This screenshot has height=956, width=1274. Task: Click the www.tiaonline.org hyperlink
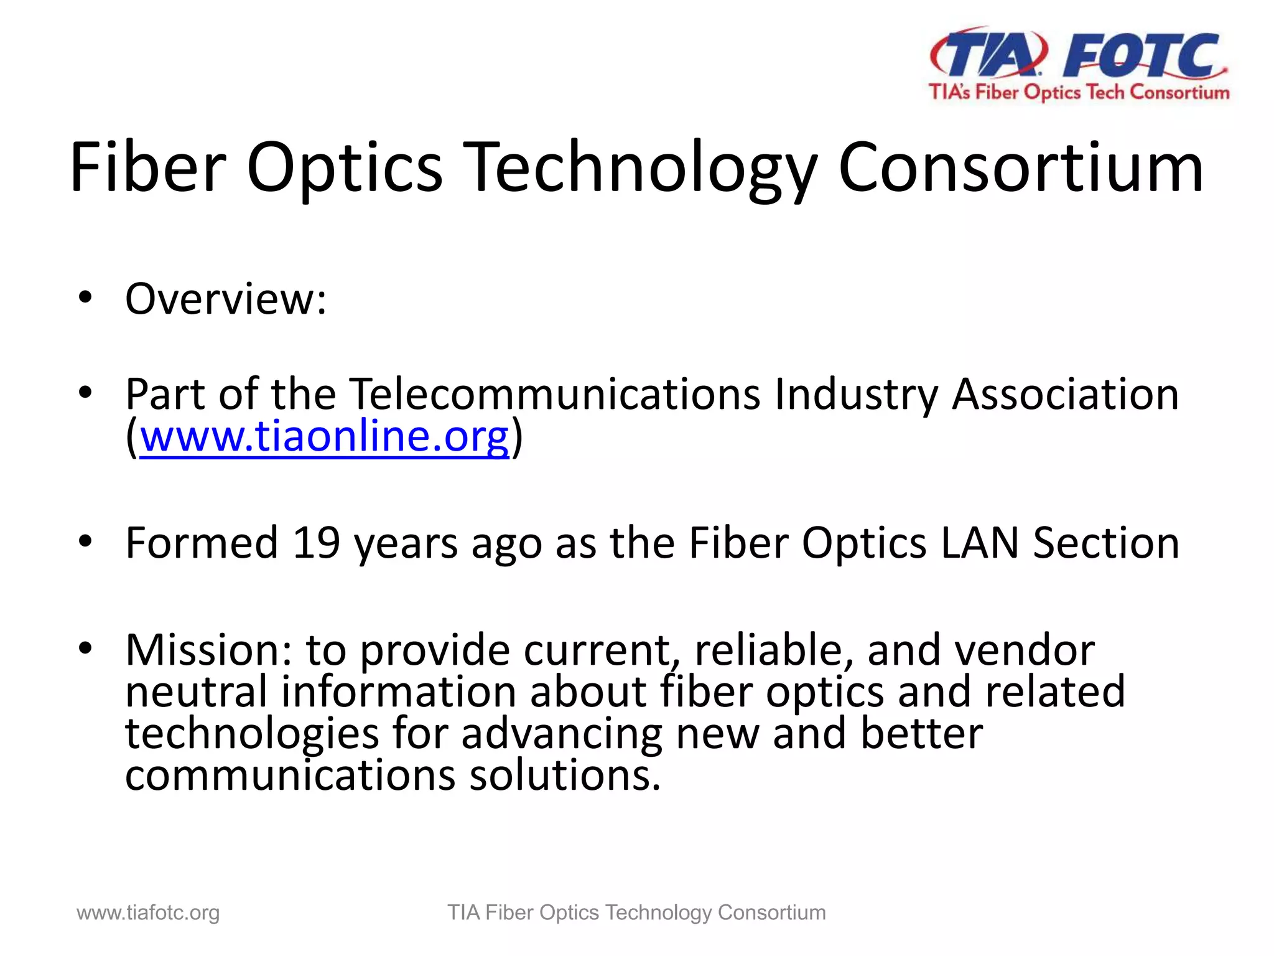(x=324, y=437)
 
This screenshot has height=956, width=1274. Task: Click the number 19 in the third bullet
(x=316, y=543)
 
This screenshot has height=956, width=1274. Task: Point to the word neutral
(x=196, y=692)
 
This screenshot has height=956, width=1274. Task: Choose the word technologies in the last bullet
(x=252, y=734)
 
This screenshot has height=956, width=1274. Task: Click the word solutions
(x=564, y=776)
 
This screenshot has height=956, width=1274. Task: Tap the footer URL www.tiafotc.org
(x=148, y=913)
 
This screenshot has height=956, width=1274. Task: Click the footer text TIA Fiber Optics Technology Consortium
(x=636, y=913)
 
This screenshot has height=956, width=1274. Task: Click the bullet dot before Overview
(x=86, y=298)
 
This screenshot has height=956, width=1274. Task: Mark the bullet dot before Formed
(x=86, y=541)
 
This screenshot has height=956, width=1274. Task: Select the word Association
(x=1065, y=395)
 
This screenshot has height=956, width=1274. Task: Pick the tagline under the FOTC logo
(x=1079, y=93)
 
